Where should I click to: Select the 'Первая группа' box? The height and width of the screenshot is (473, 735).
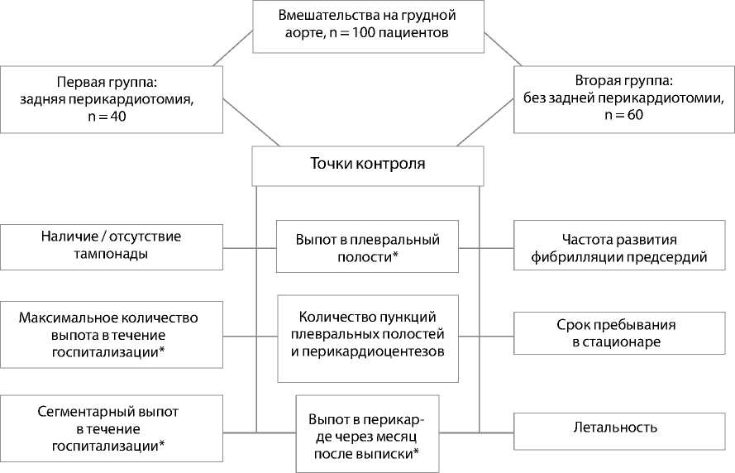point(112,99)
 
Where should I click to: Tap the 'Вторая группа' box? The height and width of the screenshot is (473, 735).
point(623,99)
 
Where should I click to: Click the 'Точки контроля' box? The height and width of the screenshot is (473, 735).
point(368,165)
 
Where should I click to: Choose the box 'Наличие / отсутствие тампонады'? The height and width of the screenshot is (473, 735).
point(112,246)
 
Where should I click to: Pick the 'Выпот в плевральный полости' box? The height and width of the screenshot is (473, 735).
point(367,246)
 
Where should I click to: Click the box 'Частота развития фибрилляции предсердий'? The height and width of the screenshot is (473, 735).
point(623,246)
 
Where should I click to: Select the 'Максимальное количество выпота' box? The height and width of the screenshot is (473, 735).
point(112,334)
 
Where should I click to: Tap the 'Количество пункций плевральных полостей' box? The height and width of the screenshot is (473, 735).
point(367,338)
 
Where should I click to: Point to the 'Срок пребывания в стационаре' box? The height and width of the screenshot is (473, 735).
point(623,333)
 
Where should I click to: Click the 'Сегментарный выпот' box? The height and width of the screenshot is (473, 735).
point(112,428)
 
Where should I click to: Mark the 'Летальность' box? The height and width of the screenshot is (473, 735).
point(623,428)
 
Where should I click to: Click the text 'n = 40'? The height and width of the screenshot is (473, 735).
point(112,117)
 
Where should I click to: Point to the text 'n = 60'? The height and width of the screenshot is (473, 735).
point(623,116)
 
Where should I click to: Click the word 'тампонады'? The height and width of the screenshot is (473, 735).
point(112,254)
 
